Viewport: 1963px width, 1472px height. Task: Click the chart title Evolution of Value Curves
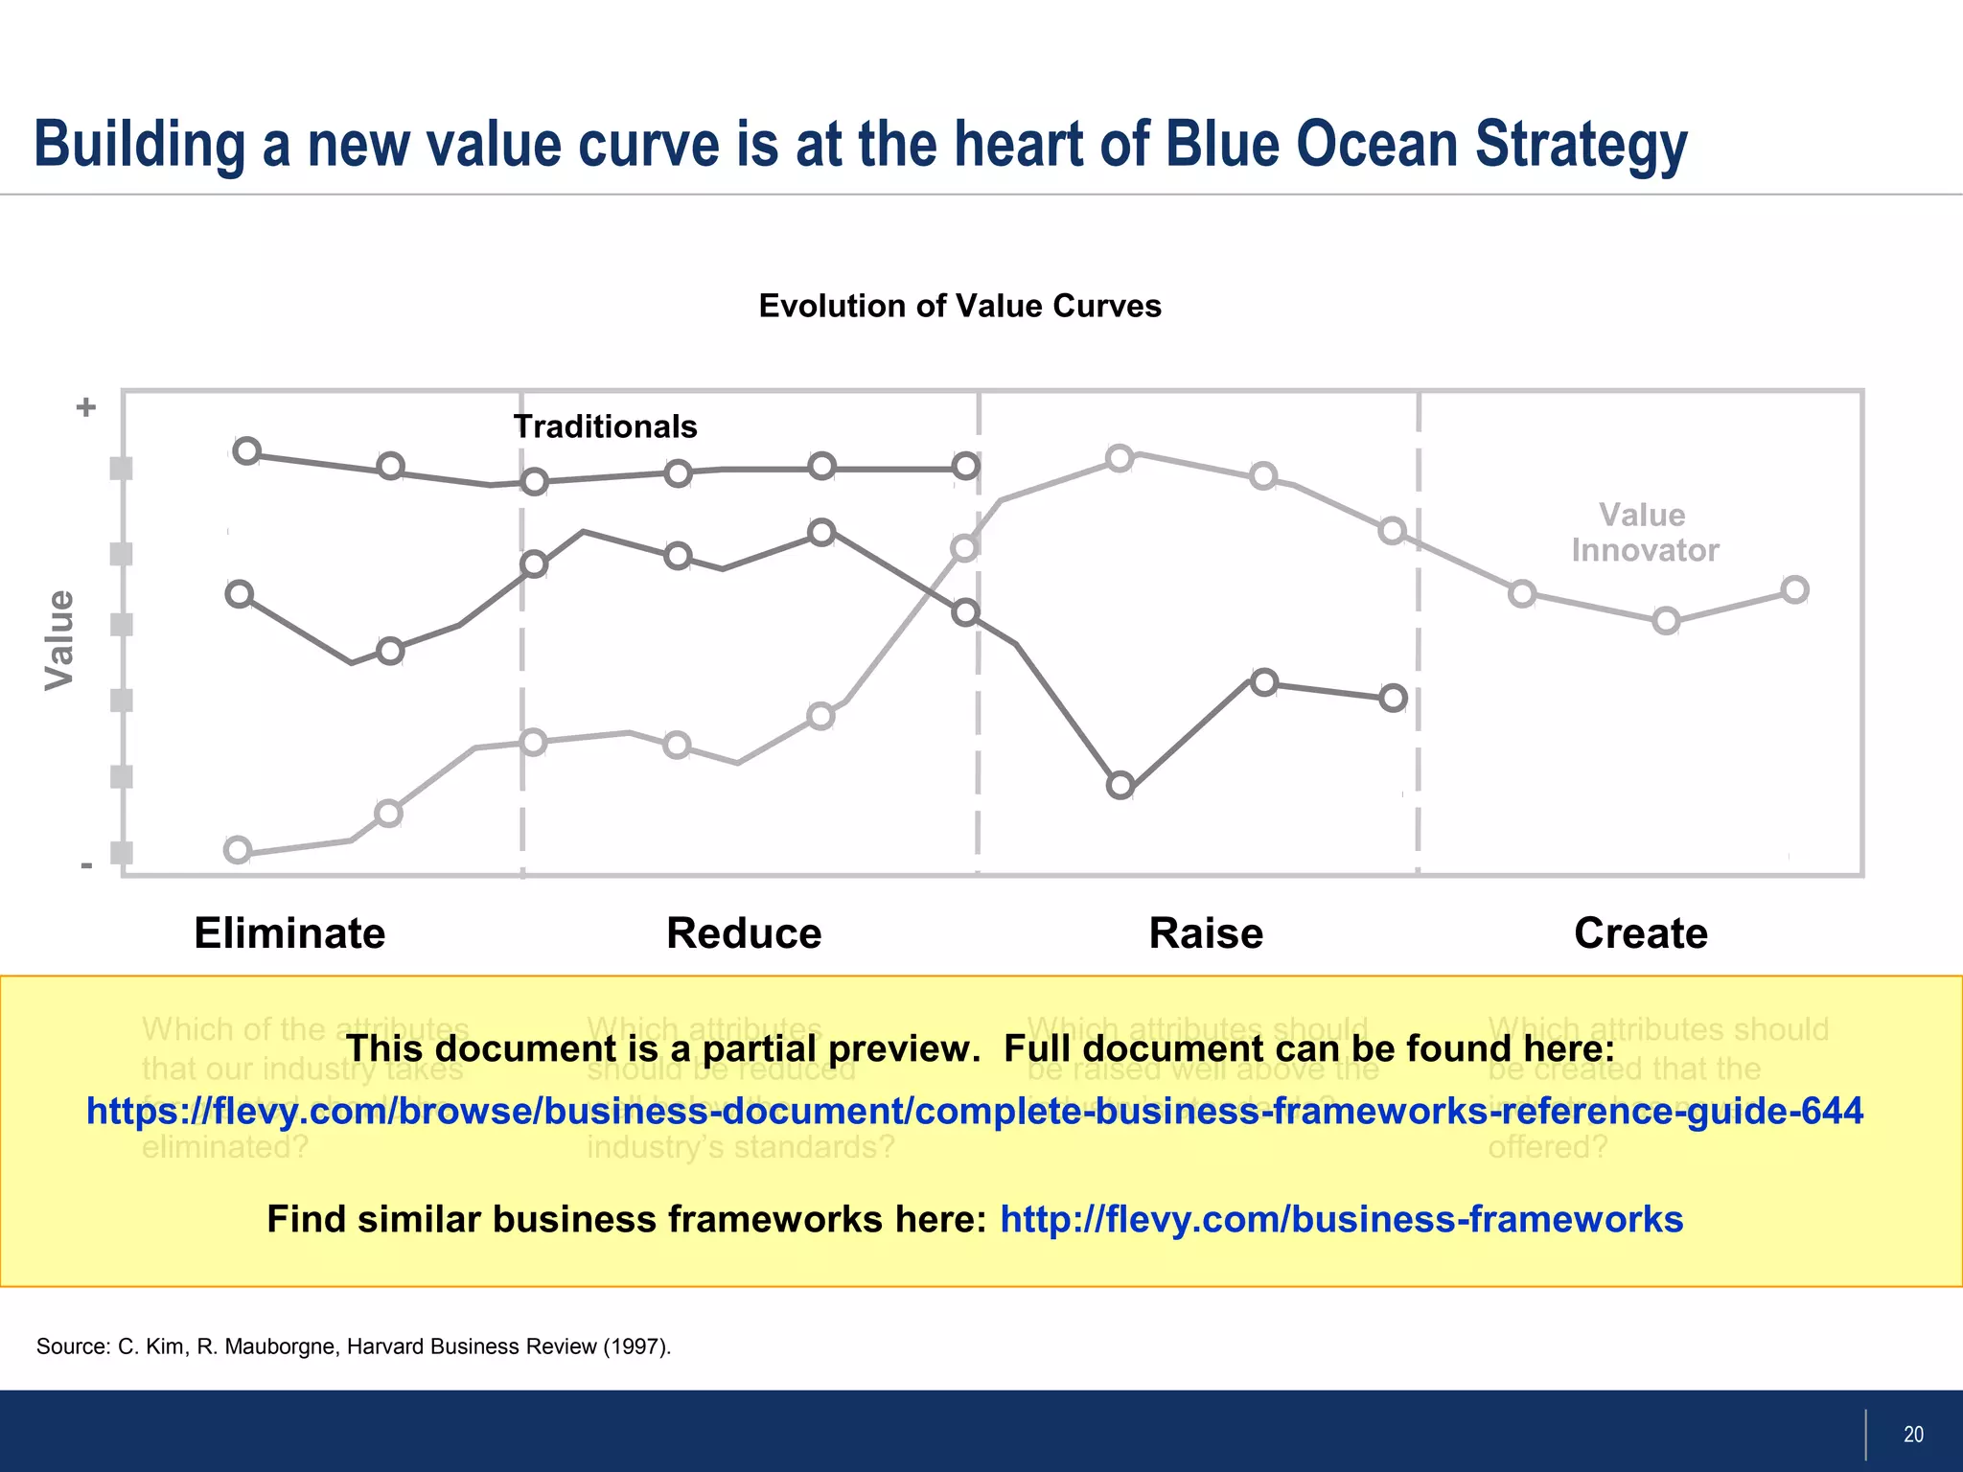click(x=959, y=306)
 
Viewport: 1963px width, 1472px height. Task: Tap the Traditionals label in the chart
click(x=605, y=426)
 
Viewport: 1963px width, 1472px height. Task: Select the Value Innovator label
click(x=1644, y=533)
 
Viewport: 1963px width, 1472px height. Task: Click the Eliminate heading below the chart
click(x=289, y=932)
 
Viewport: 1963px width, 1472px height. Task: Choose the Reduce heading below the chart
click(x=744, y=932)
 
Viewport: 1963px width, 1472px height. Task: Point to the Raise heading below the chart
click(x=1206, y=932)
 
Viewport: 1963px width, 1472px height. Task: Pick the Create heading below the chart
click(x=1640, y=932)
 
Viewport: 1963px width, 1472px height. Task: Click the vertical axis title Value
click(x=59, y=639)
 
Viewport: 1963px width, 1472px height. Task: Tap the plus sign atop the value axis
click(x=86, y=407)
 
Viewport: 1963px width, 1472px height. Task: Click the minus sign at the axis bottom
click(x=86, y=865)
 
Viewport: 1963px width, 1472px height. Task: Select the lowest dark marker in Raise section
click(x=1120, y=786)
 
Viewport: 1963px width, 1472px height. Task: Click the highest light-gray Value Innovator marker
click(x=1120, y=458)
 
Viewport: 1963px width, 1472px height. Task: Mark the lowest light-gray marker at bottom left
click(x=238, y=850)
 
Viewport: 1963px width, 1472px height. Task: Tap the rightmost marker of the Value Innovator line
click(x=1795, y=589)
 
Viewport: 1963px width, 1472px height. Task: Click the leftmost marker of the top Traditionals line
click(x=247, y=450)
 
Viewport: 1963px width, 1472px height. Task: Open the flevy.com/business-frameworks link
click(x=1341, y=1219)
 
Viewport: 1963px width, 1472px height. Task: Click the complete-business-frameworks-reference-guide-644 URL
click(x=975, y=1111)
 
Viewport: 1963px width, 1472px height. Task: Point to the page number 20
click(x=1913, y=1435)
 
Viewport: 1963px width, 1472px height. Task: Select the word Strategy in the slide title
click(x=1581, y=144)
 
